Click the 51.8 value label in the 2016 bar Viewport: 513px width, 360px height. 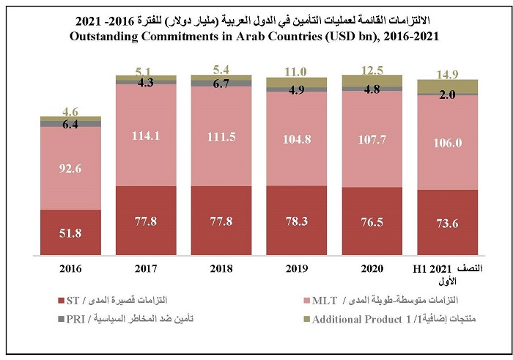tap(70, 233)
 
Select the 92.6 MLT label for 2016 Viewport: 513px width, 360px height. tap(70, 168)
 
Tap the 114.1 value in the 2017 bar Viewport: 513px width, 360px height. tap(146, 135)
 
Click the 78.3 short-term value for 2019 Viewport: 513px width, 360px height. tap(296, 221)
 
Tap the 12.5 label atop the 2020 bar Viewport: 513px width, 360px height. tap(372, 69)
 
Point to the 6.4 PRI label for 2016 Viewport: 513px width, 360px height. tap(70, 125)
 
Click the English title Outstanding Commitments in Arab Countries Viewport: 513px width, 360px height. tap(256, 36)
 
